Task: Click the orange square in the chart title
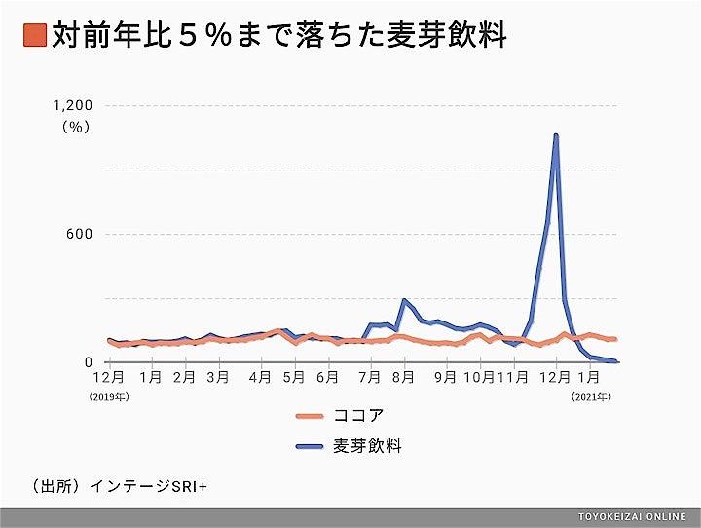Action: coord(32,36)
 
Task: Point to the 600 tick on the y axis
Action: coord(79,234)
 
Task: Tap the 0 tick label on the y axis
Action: coord(87,362)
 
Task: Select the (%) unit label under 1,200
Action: coord(75,126)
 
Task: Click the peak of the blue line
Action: coord(556,135)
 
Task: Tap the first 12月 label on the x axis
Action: coord(108,377)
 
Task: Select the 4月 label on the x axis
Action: coord(259,377)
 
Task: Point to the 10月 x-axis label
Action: coord(479,377)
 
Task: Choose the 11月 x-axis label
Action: coord(515,377)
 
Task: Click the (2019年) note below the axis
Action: coord(109,396)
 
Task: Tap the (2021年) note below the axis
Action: coord(592,396)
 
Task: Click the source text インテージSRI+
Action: coord(157,484)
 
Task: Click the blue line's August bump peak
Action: coord(404,300)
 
